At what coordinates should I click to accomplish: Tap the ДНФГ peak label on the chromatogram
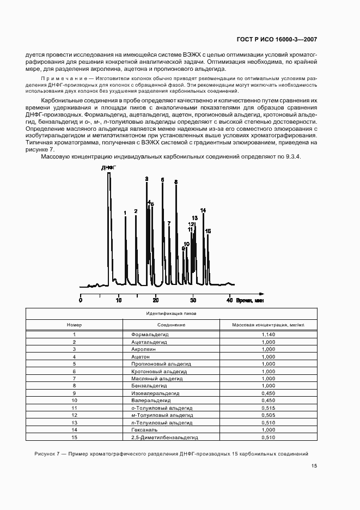(108, 168)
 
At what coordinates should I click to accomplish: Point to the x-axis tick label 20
(156, 300)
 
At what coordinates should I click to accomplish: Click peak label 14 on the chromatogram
(203, 210)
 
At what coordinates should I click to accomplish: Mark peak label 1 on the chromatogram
(125, 213)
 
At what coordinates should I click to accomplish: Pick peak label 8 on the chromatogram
(175, 182)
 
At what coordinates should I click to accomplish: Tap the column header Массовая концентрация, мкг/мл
(268, 325)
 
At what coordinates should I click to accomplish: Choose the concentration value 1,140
(268, 334)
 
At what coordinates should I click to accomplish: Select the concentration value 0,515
(268, 408)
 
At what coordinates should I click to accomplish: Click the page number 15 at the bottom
(314, 466)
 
